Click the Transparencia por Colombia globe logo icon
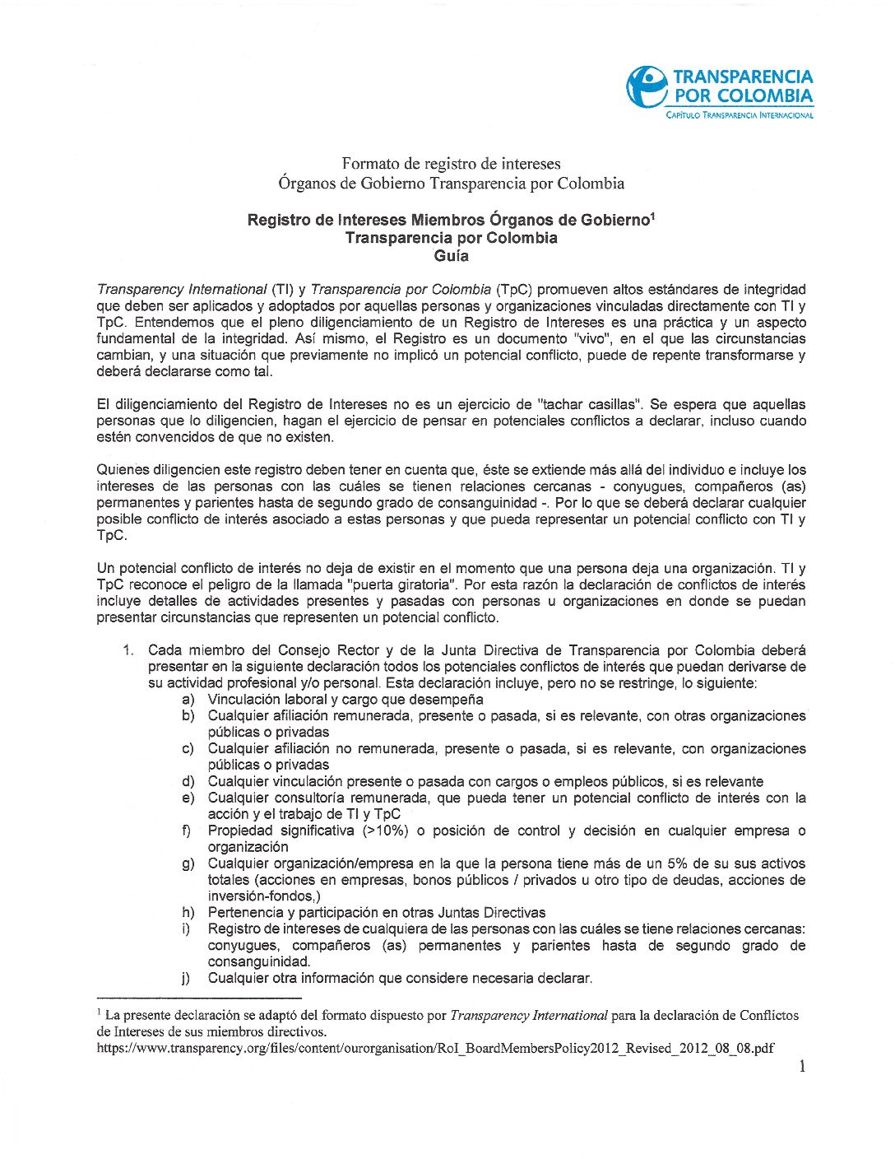(647, 86)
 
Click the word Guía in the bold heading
(452, 256)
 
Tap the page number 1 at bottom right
(802, 1067)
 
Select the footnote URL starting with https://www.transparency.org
(435, 1048)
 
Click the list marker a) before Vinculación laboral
(188, 700)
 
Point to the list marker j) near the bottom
(188, 979)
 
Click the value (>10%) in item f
(385, 831)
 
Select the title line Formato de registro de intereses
(451, 164)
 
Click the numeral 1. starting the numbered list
(128, 650)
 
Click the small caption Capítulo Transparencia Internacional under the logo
(739, 115)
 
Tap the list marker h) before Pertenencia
(188, 913)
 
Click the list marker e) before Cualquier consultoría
(188, 798)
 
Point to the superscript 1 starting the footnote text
(99, 1012)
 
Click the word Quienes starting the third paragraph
(123, 470)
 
